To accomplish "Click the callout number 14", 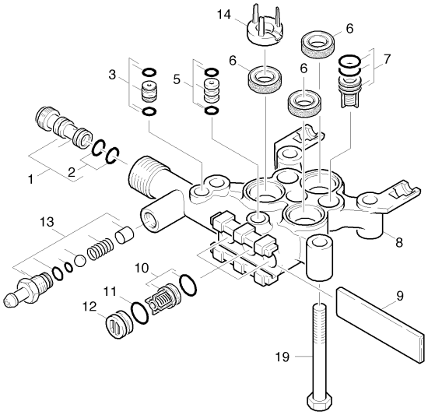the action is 224,15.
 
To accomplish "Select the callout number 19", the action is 282,357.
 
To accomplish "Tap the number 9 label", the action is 400,296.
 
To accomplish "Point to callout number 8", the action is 399,242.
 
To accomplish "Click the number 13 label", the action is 47,222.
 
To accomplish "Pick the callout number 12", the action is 90,307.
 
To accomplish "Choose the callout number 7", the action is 387,59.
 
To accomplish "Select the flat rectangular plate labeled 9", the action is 381,325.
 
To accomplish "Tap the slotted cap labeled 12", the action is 119,324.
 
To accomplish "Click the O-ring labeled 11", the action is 140,313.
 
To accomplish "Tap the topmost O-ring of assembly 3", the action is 149,72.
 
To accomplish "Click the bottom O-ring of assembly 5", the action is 212,111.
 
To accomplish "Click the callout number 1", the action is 31,180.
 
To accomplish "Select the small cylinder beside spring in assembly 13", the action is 125,236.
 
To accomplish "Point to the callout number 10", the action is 142,268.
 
